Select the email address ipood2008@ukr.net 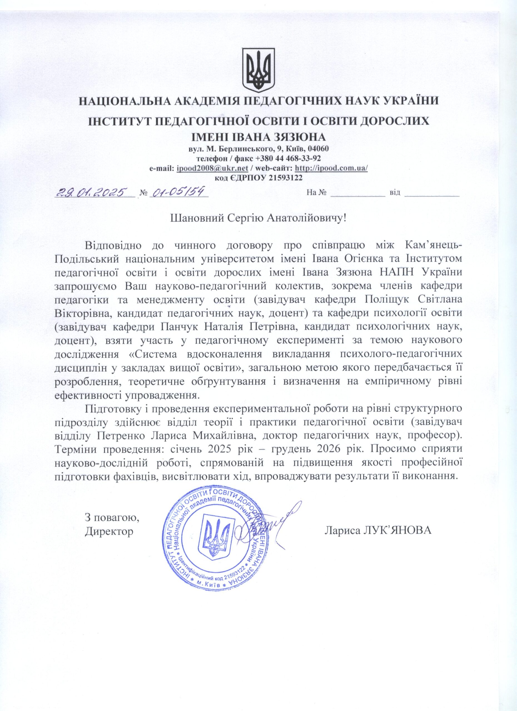213,168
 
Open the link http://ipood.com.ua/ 332,168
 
